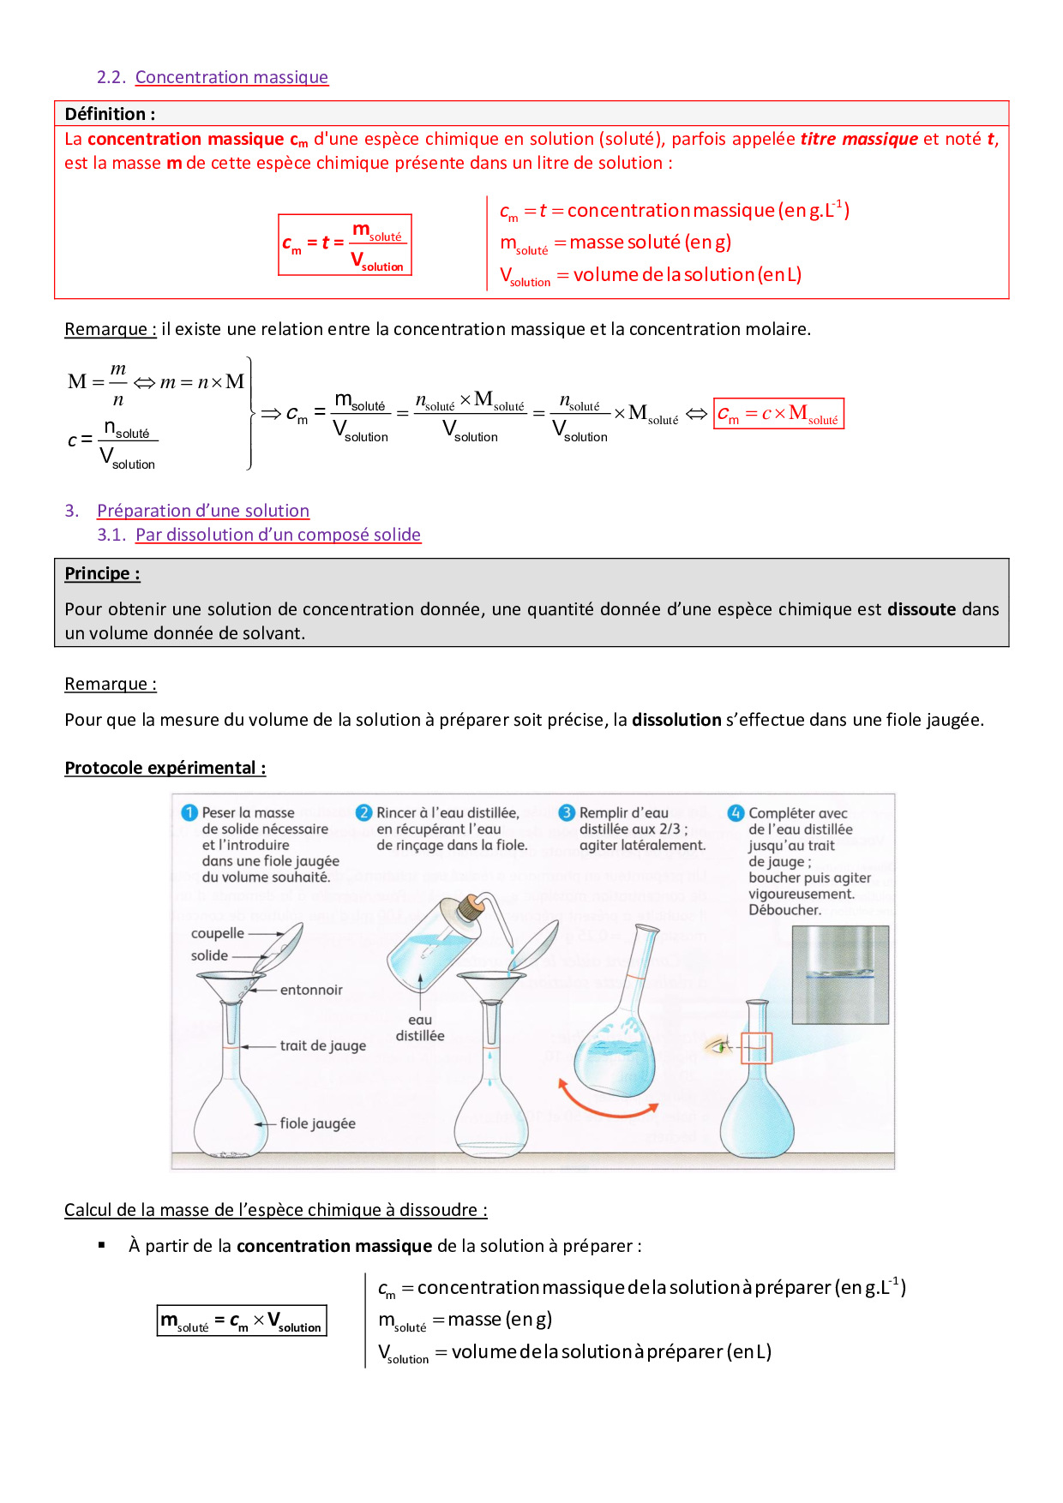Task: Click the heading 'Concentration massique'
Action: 231,77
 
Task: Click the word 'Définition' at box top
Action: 105,114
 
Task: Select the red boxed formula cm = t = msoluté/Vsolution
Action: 345,245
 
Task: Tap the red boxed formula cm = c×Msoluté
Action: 778,414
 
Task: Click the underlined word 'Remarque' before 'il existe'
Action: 110,329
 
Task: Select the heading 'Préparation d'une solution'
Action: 202,511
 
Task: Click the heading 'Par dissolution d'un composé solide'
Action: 278,535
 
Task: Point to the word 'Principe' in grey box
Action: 101,573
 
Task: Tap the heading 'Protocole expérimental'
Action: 165,768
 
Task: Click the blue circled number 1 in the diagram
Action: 189,812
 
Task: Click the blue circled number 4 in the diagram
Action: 736,812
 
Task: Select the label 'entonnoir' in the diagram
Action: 310,990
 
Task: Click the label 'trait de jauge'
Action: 322,1045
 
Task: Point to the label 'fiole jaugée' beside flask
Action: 317,1123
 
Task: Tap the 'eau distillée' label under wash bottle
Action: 420,1027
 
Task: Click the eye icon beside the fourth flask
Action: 718,1045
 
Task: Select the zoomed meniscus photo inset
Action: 840,975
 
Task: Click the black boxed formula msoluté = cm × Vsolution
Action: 242,1320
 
